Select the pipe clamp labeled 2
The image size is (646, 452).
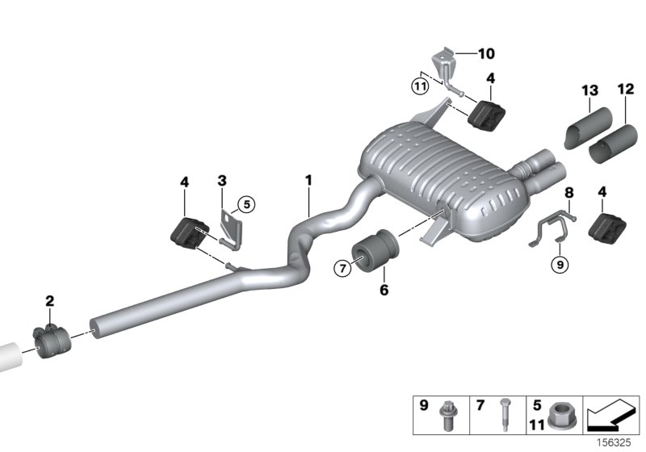pos(52,338)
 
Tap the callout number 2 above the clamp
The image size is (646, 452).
pos(50,301)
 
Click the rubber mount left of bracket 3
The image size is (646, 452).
pos(187,234)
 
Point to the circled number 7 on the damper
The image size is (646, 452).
pos(342,268)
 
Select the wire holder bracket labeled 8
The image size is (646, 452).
pos(553,228)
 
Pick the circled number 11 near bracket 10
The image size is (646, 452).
pos(419,85)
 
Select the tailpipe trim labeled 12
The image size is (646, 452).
pos(616,144)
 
